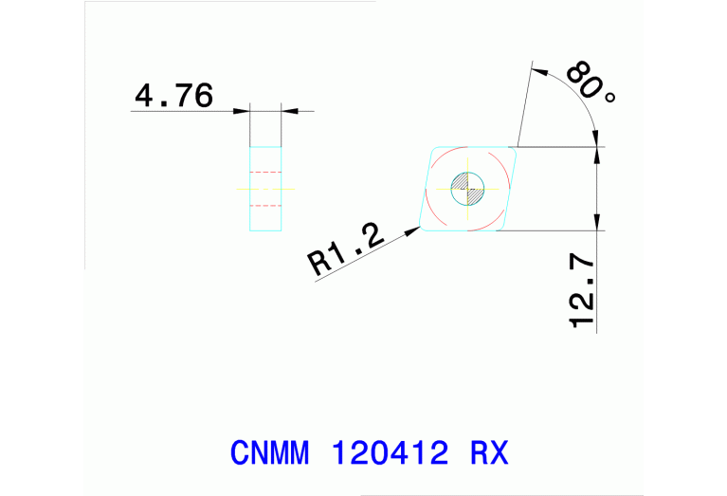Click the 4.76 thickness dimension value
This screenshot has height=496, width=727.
click(173, 97)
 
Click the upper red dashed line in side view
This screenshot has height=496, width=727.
click(266, 172)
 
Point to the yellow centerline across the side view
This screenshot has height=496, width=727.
click(266, 188)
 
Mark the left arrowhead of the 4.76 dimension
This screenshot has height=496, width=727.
click(244, 112)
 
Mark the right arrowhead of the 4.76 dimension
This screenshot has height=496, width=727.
click(288, 112)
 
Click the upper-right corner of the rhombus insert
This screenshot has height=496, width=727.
click(517, 147)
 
